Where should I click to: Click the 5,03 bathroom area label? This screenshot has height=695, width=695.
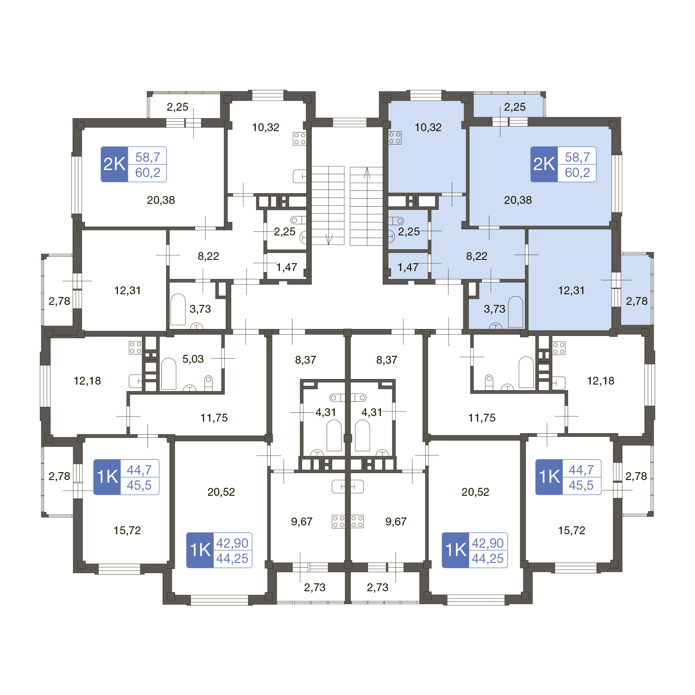(x=193, y=359)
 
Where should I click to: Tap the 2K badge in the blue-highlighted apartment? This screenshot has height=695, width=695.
(x=544, y=164)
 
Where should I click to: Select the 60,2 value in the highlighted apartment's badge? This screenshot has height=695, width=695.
(x=577, y=173)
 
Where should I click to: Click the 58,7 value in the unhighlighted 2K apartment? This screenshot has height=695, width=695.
(x=148, y=157)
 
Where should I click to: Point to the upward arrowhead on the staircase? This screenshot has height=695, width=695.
(x=367, y=172)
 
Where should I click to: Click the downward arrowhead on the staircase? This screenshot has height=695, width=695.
(x=329, y=239)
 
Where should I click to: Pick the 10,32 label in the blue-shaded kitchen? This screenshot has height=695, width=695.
(x=428, y=127)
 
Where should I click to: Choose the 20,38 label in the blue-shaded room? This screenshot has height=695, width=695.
(x=518, y=200)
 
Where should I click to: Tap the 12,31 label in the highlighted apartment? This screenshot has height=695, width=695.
(x=571, y=291)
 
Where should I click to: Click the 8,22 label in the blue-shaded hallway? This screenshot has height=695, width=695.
(x=477, y=256)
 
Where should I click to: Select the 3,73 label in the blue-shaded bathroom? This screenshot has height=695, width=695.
(x=494, y=309)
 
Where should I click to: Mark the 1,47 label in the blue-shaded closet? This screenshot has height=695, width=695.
(x=408, y=267)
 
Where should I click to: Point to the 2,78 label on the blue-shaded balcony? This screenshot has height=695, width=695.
(x=637, y=301)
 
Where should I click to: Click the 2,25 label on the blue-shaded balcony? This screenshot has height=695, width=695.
(x=515, y=107)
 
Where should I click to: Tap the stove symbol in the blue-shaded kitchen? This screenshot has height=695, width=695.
(x=395, y=138)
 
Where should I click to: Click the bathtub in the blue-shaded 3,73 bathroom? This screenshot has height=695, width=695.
(x=516, y=311)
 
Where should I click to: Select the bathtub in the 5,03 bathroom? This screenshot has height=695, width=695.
(x=169, y=373)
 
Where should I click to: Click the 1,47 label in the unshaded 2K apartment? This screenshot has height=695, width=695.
(x=287, y=267)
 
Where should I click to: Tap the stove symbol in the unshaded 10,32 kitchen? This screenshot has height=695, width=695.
(x=299, y=139)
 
